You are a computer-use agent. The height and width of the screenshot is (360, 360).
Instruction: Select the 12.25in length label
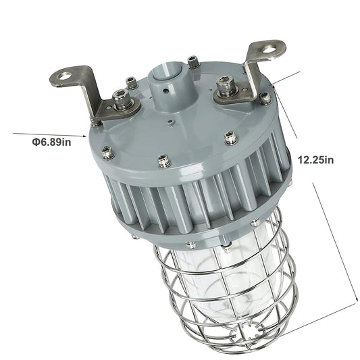pyautogui.click(x=315, y=160)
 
